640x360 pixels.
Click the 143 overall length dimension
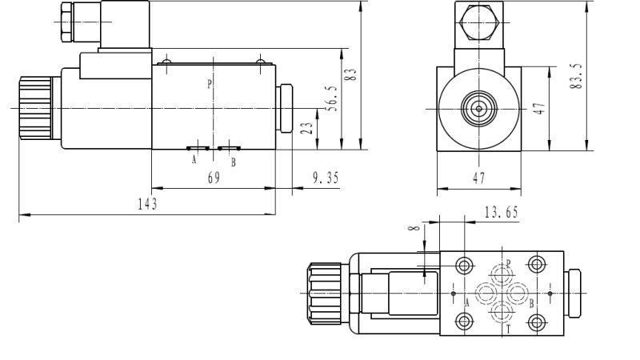pos(147,204)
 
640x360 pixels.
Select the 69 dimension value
pos(214,178)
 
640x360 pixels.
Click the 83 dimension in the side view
pos(350,76)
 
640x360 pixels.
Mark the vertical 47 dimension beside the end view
pos(539,108)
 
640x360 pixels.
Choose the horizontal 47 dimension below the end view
pos(478,179)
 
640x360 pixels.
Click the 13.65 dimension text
pos(502,212)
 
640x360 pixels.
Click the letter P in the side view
pos(210,84)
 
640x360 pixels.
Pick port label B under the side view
pos(233,162)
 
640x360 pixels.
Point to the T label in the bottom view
pos(508,328)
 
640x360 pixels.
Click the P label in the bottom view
pos(508,262)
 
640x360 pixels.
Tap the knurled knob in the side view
pos(36,107)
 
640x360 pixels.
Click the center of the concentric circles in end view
pos(478,108)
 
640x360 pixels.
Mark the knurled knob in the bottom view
pos(326,292)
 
